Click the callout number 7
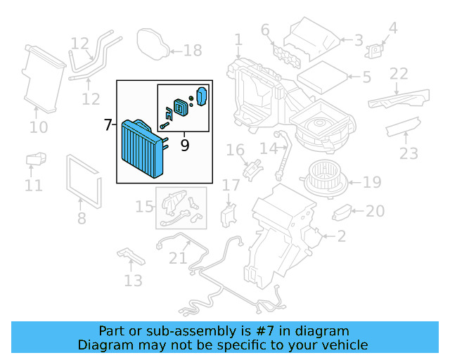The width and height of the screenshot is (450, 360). pos(108,126)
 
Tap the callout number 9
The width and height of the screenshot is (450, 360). pos(185,146)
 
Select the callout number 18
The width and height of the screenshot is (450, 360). pos(193,50)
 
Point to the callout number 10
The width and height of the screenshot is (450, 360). pos(39,127)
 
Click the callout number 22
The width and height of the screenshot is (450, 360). pos(399,74)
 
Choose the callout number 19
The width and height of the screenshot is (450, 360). pos(372,183)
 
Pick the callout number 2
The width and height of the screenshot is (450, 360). pos(341,236)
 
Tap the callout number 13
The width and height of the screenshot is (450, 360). pos(133,281)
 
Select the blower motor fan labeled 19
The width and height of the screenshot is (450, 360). pos(325,180)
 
